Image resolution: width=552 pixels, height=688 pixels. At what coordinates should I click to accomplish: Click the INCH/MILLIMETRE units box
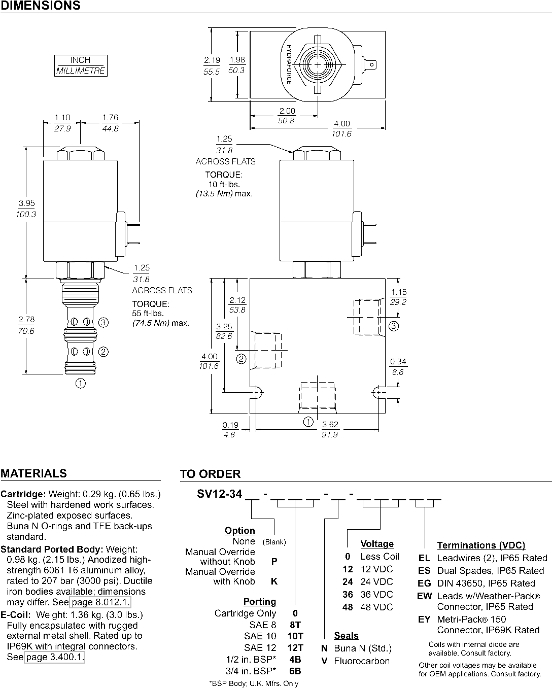pyautogui.click(x=81, y=65)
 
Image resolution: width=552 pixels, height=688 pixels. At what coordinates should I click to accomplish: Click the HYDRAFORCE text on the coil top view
pyautogui.click(x=289, y=64)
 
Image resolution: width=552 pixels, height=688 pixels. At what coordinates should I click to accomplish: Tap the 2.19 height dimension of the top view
pyautogui.click(x=212, y=65)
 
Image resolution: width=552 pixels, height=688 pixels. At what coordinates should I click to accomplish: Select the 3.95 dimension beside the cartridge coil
pyautogui.click(x=26, y=209)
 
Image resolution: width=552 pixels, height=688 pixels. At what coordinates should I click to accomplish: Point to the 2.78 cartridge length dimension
pyautogui.click(x=26, y=325)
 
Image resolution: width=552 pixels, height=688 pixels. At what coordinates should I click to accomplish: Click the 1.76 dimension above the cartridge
pyautogui.click(x=110, y=123)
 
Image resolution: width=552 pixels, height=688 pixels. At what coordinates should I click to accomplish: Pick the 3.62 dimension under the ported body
pyautogui.click(x=330, y=429)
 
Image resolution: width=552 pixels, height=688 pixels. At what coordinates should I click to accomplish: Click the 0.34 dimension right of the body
pyautogui.click(x=398, y=366)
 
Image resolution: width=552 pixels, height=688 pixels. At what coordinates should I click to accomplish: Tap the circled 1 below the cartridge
pyautogui.click(x=81, y=383)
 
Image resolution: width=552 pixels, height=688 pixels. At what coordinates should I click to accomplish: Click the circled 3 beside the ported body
pyautogui.click(x=394, y=326)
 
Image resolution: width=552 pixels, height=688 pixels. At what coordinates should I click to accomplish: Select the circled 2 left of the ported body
pyautogui.click(x=241, y=359)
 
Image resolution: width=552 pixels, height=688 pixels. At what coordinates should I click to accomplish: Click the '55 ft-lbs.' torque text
pyautogui.click(x=148, y=314)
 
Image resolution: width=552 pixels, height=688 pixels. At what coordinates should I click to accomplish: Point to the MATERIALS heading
pyautogui.click(x=33, y=473)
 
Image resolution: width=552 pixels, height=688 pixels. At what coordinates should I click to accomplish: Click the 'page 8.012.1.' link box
pyautogui.click(x=100, y=602)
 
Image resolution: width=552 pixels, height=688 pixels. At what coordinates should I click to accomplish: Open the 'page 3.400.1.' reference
pyautogui.click(x=54, y=657)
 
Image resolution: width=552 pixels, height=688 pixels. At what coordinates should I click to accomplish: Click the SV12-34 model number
pyautogui.click(x=220, y=494)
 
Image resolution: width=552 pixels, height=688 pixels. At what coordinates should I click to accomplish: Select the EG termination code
pyautogui.click(x=424, y=583)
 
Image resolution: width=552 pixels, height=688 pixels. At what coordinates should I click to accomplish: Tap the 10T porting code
pyautogui.click(x=295, y=636)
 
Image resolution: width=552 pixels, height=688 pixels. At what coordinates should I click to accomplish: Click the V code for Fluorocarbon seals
pyautogui.click(x=324, y=661)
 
